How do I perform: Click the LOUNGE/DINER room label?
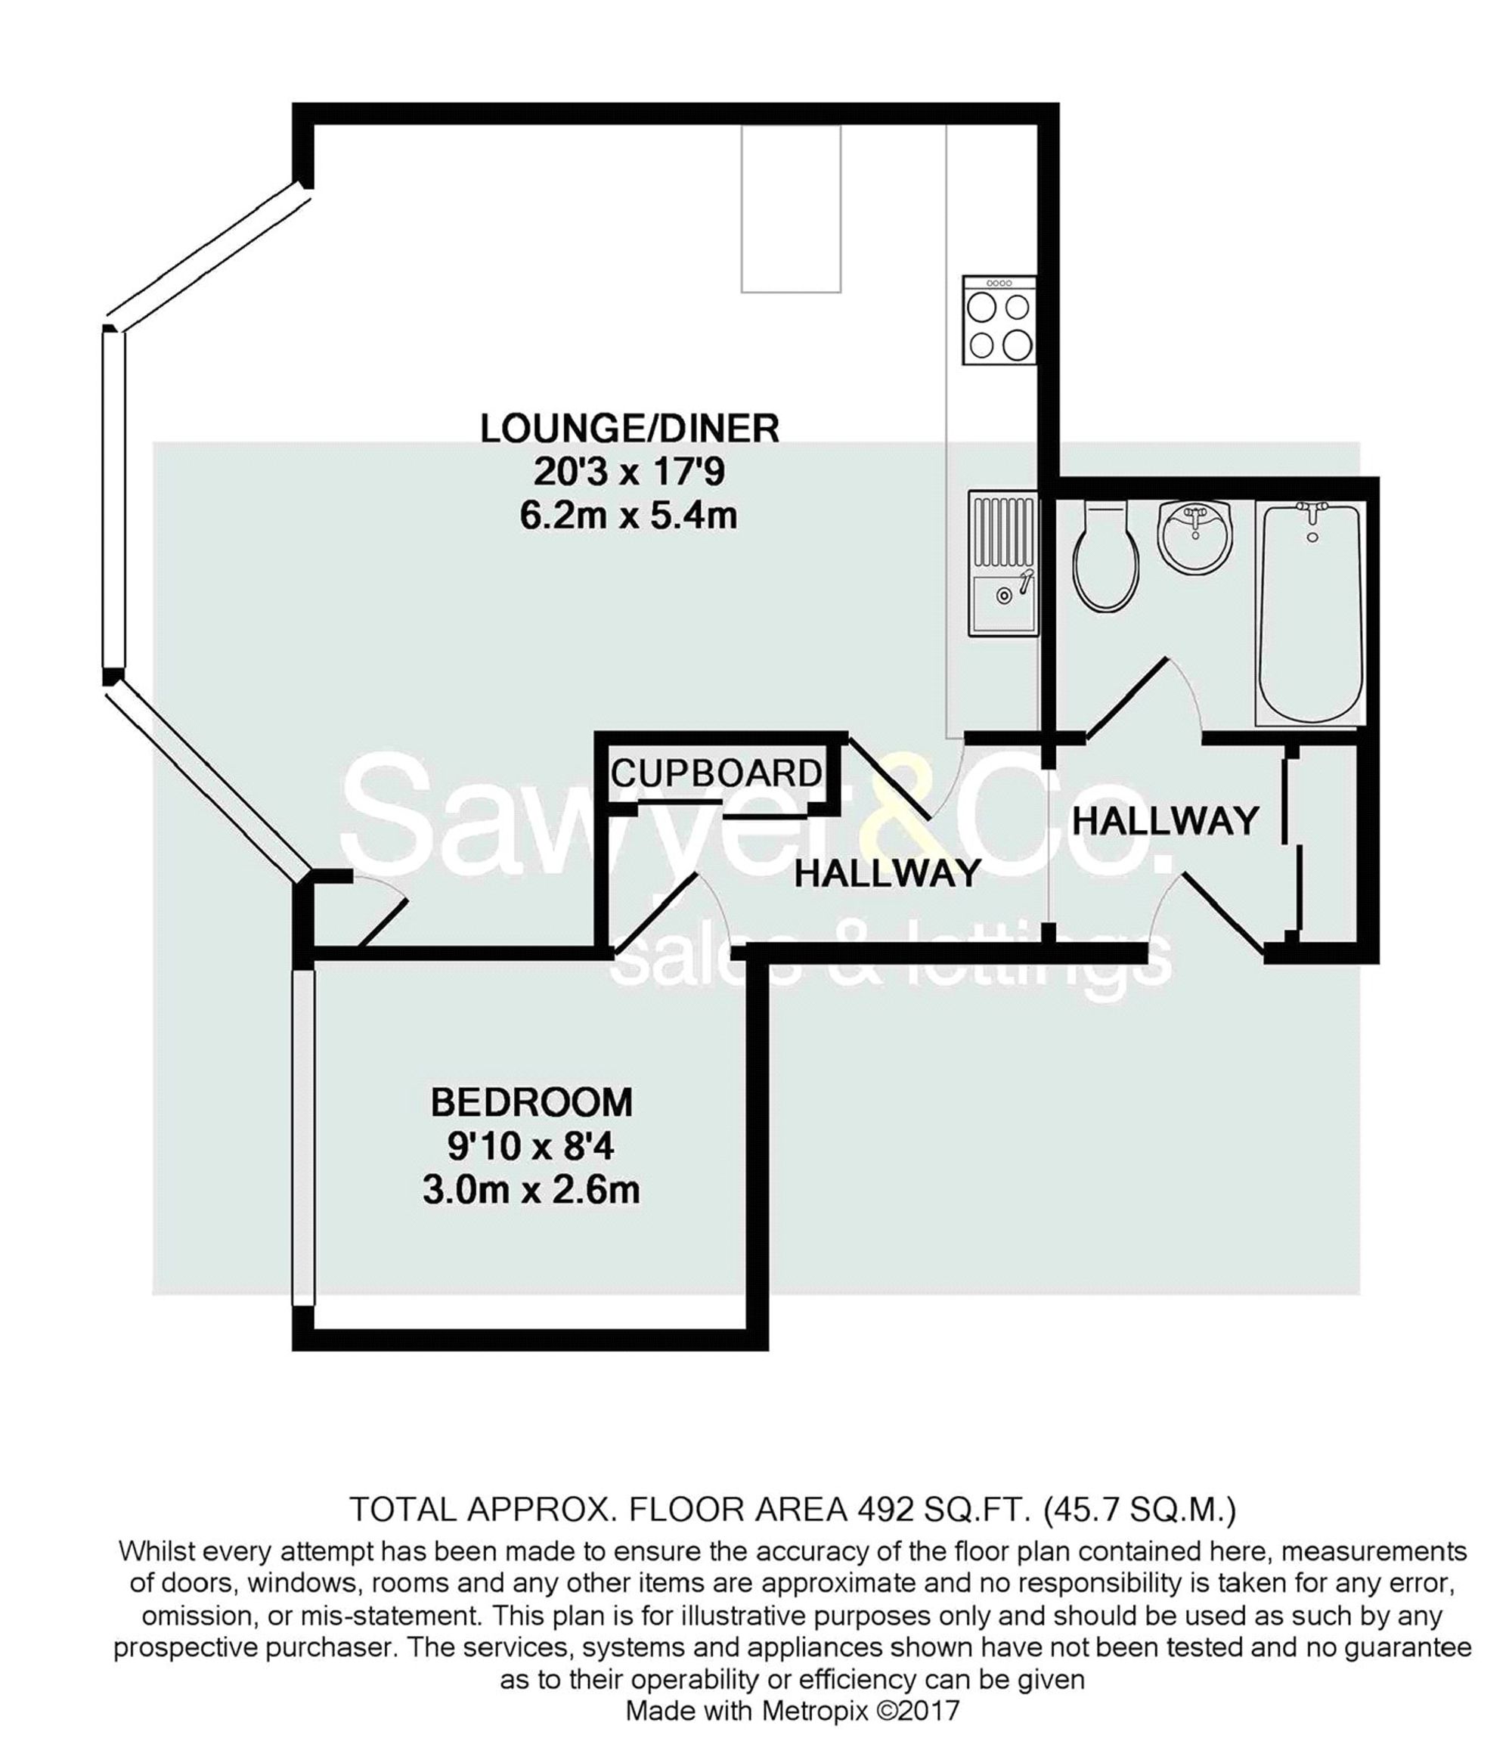pyautogui.click(x=630, y=429)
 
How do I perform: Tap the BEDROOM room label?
pyautogui.click(x=531, y=1102)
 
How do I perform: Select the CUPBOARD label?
pyautogui.click(x=717, y=773)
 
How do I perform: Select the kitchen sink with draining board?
pyautogui.click(x=1003, y=564)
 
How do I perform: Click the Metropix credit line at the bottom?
pyautogui.click(x=792, y=1711)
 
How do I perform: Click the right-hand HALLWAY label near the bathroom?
pyautogui.click(x=1165, y=820)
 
